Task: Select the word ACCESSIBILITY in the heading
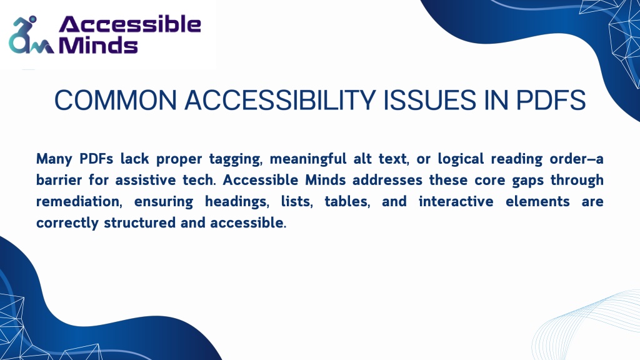[280, 101]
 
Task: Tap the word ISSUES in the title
[430, 101]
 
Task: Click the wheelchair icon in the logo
[30, 36]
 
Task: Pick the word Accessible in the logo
[130, 24]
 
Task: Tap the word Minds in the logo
[98, 44]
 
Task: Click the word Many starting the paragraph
[54, 159]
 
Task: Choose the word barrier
[59, 180]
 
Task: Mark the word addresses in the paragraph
[387, 180]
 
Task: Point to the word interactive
[456, 202]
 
